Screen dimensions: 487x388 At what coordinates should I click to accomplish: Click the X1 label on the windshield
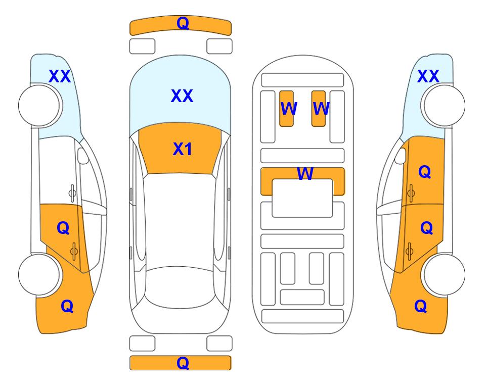[183, 149]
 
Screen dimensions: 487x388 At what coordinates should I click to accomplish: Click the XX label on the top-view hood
[182, 96]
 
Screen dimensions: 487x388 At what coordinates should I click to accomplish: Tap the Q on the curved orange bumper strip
[183, 23]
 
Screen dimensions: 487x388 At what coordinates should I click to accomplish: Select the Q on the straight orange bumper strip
[183, 363]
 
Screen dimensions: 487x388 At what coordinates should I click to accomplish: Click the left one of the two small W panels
[286, 109]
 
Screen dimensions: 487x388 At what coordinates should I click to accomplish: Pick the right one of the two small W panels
[319, 109]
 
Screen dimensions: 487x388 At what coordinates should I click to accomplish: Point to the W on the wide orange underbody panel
[305, 174]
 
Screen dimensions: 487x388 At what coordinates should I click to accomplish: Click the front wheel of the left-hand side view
[39, 106]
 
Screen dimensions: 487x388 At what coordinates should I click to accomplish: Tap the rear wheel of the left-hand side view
[39, 275]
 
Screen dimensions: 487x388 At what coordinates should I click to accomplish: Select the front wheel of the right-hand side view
[444, 106]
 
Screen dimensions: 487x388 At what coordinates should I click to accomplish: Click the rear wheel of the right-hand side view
[444, 275]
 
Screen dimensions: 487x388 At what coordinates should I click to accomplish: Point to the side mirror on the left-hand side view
[83, 156]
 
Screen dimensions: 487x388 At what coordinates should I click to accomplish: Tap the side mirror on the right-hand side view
[401, 156]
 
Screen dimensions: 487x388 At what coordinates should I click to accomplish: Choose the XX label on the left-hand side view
[60, 76]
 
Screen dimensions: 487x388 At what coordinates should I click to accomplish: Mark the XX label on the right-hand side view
[428, 76]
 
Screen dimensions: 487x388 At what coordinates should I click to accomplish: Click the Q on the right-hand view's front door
[425, 172]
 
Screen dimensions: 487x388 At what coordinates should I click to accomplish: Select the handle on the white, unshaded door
[72, 193]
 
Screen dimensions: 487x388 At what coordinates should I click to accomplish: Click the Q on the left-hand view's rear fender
[67, 306]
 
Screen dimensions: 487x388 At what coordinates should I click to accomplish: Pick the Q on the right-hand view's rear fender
[421, 306]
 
